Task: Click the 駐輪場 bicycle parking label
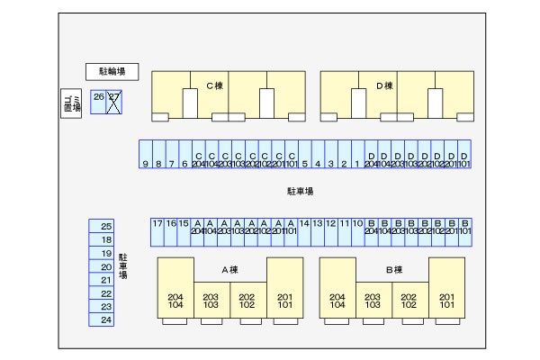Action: point(112,71)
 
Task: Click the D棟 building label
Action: point(384,86)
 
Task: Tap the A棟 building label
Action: point(229,270)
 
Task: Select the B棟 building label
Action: point(393,270)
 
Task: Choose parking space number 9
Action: point(145,155)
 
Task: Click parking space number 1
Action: point(357,155)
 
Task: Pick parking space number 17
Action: point(157,232)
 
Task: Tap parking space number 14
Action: point(304,232)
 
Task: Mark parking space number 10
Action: point(357,232)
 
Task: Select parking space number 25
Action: point(106,226)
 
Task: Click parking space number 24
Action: point(106,319)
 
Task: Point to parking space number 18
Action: point(106,239)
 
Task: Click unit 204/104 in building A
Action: point(175,300)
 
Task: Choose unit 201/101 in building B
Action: point(446,300)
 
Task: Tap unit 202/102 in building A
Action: point(247,300)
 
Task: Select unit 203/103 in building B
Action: point(373,300)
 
